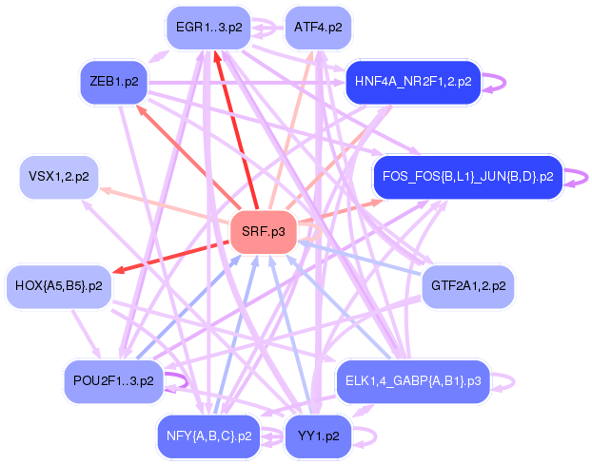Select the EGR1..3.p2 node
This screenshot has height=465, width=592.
207,28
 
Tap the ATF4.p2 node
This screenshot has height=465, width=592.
318,28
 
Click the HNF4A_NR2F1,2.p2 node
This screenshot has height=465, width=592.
412,82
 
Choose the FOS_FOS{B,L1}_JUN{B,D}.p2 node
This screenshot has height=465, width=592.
467,177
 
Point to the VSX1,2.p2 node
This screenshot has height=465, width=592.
59,177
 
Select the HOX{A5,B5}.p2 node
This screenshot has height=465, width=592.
59,285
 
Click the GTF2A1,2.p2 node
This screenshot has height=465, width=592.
467,285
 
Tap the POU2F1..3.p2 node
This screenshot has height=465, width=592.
113,381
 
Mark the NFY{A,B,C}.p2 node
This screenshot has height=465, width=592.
207,436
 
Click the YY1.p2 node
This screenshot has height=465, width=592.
318,436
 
